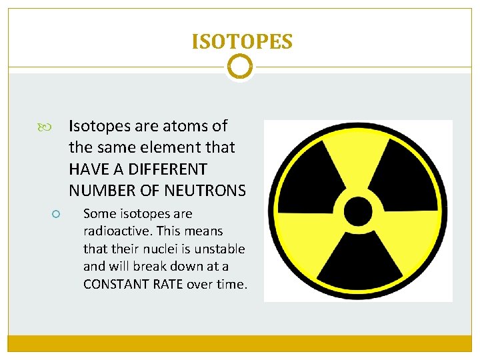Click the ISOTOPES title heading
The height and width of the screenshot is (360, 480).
pos(241,42)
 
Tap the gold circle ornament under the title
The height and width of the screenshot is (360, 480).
pos(240,67)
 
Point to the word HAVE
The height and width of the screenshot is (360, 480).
pos(91,169)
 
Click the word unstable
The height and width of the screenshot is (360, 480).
pos(221,249)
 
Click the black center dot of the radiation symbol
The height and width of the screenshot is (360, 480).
pos(358,211)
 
